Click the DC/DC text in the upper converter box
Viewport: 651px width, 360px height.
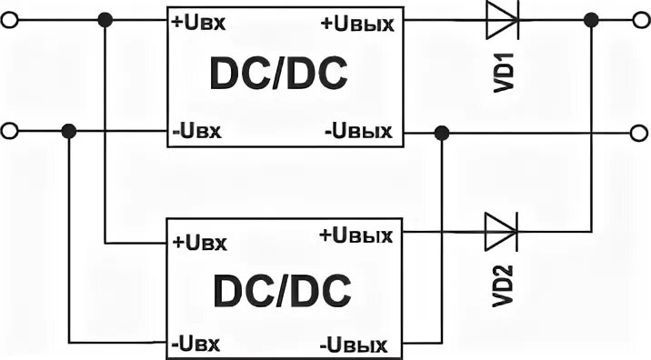(x=279, y=76)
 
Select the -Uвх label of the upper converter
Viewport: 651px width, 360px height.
(x=197, y=132)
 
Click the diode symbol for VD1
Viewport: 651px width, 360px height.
(x=500, y=20)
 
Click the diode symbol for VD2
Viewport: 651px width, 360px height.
(x=500, y=232)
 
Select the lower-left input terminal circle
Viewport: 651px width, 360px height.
(x=9, y=132)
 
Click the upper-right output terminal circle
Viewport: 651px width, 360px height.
(x=640, y=19)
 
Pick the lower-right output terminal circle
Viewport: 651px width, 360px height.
(x=640, y=133)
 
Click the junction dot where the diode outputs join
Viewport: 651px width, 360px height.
(x=592, y=19)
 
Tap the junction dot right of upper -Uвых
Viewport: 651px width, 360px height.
(x=440, y=133)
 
